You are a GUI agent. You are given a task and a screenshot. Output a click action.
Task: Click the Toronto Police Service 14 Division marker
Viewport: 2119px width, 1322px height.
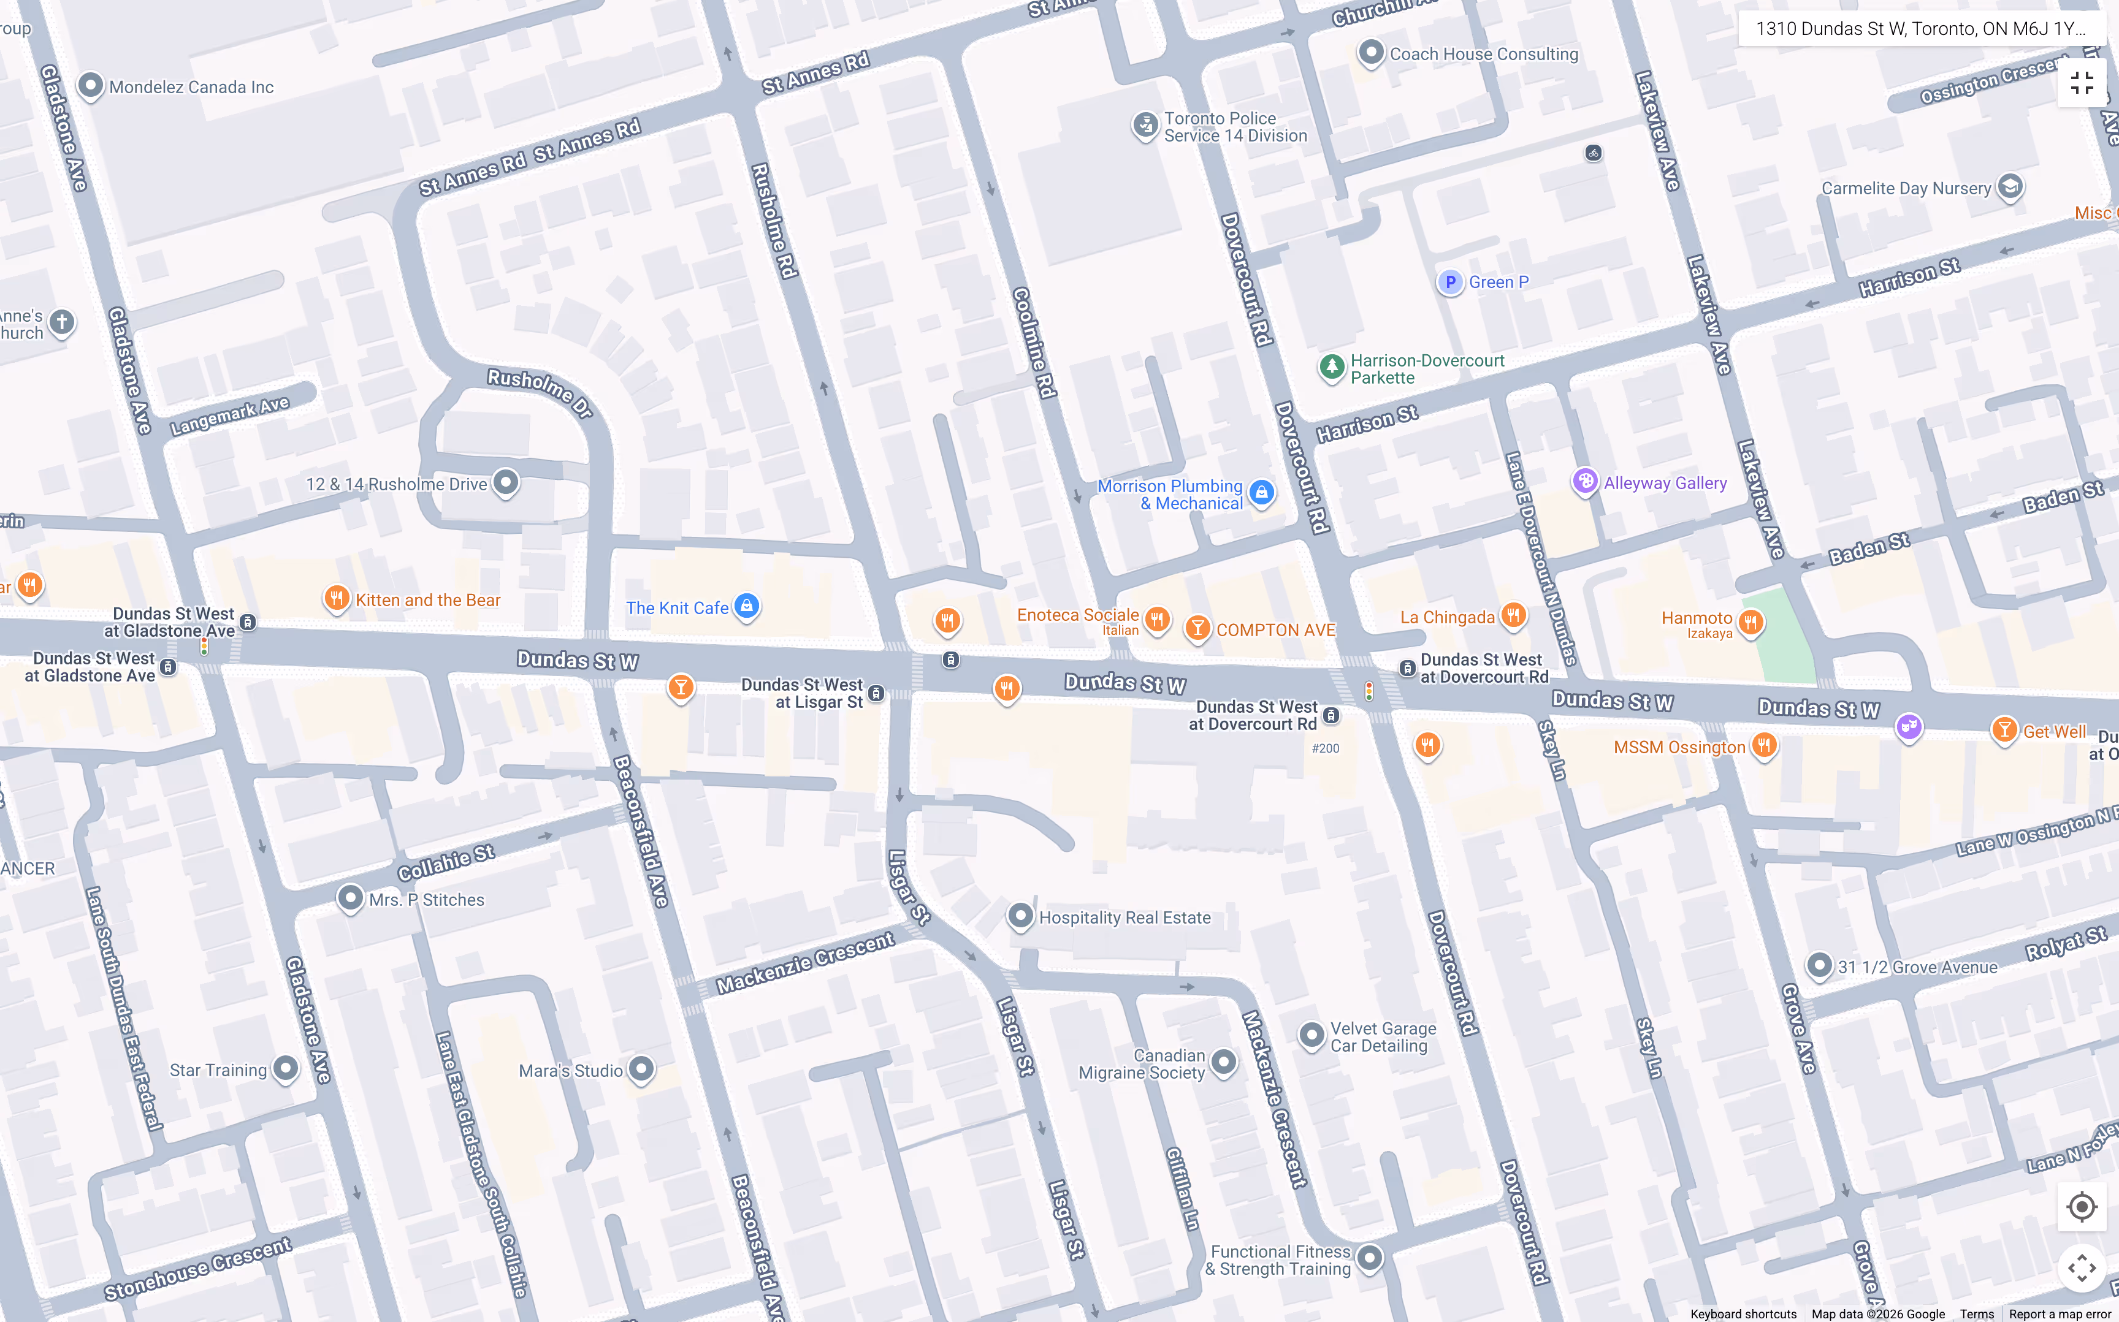[1145, 125]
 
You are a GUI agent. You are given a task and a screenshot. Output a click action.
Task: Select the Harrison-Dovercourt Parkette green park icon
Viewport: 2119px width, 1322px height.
[1331, 367]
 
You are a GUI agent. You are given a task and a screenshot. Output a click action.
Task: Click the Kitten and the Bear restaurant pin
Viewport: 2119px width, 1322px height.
[337, 598]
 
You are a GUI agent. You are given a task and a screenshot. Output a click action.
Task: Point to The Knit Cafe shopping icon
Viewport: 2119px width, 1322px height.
[746, 605]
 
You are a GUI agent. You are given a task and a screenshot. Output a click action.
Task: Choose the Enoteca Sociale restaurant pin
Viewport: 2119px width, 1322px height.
[1157, 619]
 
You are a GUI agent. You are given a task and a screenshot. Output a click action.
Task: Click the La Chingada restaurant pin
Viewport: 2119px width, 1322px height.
[1513, 615]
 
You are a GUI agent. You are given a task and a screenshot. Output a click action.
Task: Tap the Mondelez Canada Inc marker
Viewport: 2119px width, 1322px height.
[91, 86]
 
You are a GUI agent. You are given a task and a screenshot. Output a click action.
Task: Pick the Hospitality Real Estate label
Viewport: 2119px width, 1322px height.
[1124, 917]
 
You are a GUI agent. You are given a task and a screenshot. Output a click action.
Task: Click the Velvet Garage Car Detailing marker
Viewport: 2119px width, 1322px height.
[1311, 1035]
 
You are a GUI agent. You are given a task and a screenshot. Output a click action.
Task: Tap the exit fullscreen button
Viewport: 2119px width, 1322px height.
[2082, 83]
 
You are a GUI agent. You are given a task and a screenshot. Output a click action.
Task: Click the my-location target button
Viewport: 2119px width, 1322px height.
[2082, 1207]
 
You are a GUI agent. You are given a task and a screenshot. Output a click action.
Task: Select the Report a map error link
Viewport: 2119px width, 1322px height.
[2060, 1314]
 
